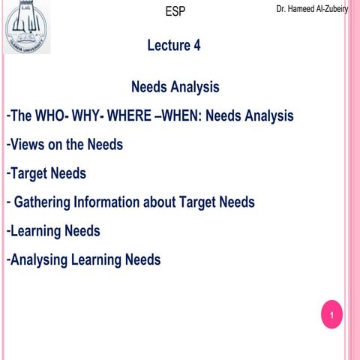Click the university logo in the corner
[x=28, y=27]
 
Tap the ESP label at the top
[x=174, y=11]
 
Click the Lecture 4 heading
[x=174, y=45]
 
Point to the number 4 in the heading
[x=196, y=45]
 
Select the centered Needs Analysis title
[x=175, y=87]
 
